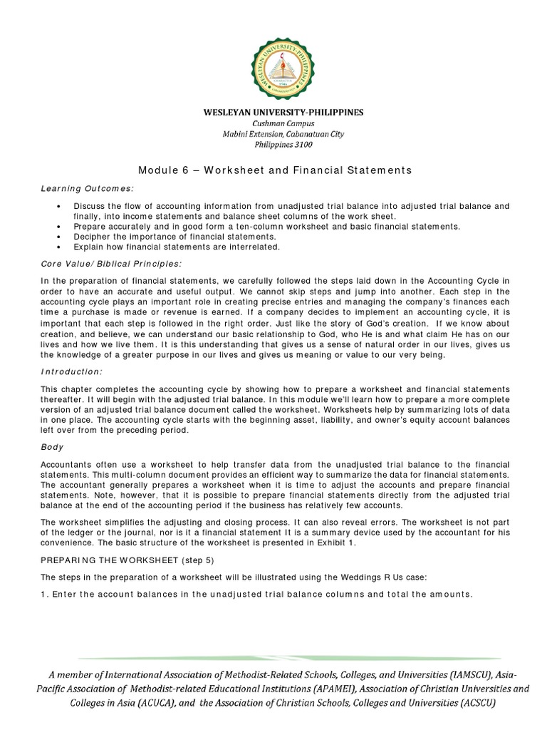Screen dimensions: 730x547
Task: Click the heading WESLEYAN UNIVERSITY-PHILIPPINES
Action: [274, 113]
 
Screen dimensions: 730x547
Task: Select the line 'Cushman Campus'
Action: [274, 123]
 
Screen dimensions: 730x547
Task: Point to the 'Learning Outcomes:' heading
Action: [87, 187]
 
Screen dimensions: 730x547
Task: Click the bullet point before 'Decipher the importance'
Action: [57, 236]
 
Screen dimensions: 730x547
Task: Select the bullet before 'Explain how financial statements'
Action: [57, 247]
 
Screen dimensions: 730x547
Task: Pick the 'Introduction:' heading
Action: [71, 371]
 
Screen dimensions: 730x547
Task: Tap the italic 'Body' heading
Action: [52, 447]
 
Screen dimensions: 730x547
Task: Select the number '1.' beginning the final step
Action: [44, 595]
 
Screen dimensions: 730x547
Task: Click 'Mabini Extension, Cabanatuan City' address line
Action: [274, 134]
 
